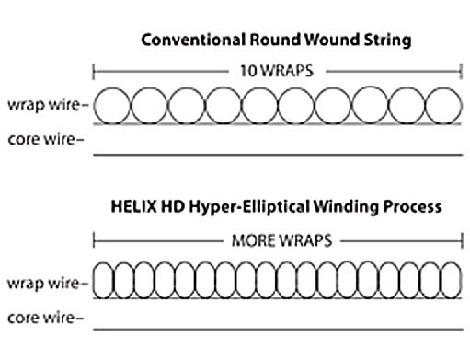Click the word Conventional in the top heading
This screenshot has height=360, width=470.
(193, 40)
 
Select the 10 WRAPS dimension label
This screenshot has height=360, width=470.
(277, 71)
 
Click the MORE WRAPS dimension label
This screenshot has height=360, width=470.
(282, 240)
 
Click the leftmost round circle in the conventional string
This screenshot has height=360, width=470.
(94, 106)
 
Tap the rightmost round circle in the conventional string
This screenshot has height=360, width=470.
(462, 106)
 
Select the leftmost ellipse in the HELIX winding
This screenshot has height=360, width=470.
(93, 280)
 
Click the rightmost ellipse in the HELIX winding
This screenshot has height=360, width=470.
(461, 280)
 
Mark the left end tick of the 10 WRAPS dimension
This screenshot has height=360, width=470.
(94, 72)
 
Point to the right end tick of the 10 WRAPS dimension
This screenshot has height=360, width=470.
(461, 72)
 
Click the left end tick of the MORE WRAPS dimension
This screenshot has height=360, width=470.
(94, 241)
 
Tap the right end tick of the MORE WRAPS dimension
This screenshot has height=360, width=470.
(463, 241)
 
